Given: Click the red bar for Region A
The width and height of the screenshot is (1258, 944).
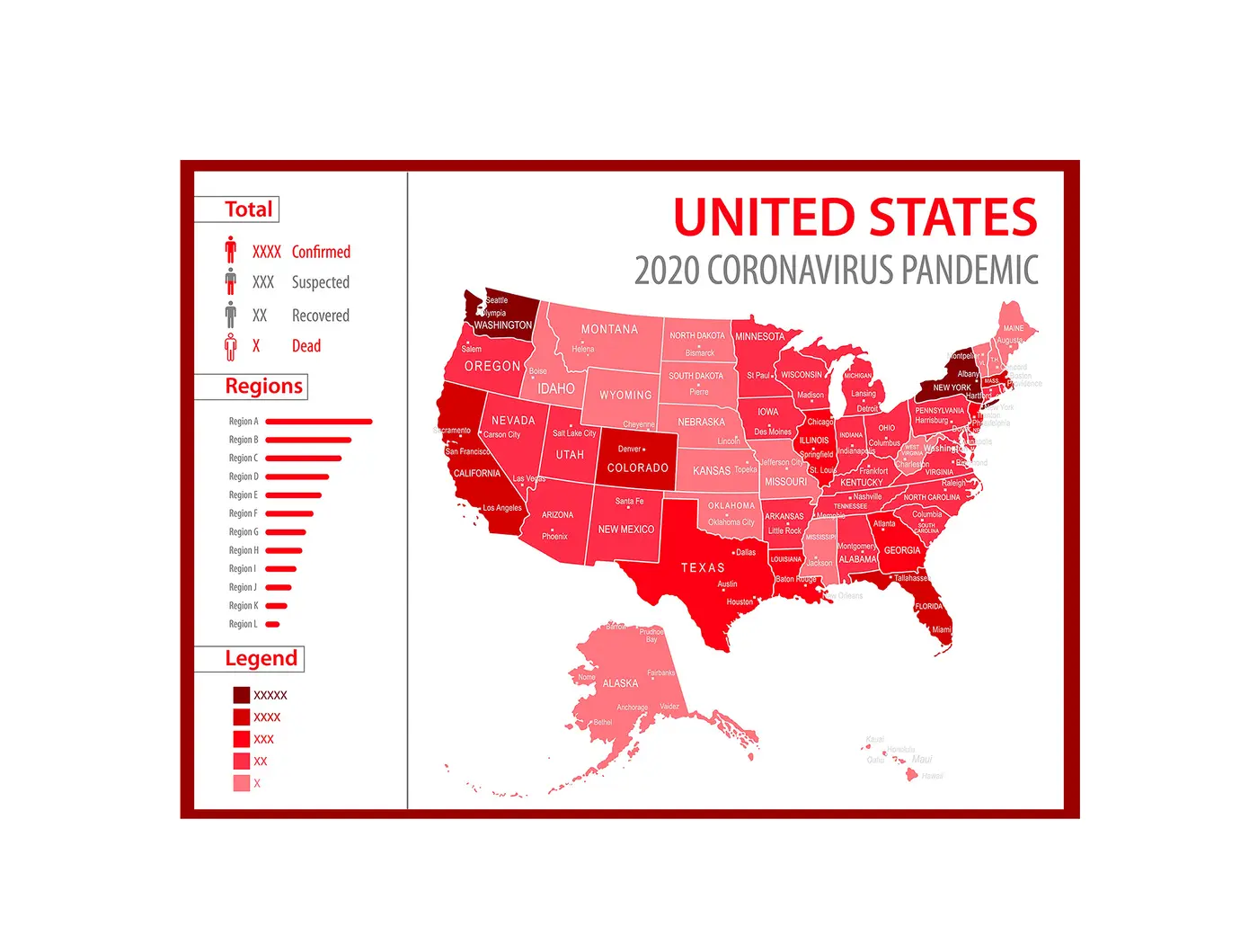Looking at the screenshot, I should click(319, 422).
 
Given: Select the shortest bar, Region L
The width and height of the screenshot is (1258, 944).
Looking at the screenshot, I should click(273, 624).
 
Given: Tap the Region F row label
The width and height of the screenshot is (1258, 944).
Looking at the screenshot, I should click(243, 513).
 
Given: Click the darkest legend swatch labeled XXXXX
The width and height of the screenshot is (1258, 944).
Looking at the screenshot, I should click(242, 695).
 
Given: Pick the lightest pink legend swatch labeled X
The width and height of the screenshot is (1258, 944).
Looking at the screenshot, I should click(242, 783).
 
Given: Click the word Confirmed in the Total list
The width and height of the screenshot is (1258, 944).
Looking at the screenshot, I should click(321, 252).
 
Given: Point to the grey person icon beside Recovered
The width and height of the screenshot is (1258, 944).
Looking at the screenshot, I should click(231, 315).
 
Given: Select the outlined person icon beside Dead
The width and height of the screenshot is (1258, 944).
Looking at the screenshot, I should click(231, 346).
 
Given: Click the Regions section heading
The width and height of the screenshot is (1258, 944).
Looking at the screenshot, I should click(263, 387).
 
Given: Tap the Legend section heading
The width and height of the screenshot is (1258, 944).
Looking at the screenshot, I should click(261, 659).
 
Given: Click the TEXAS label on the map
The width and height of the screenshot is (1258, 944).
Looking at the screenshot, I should click(703, 568).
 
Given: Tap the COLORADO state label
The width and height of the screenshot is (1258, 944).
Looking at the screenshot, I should click(638, 468).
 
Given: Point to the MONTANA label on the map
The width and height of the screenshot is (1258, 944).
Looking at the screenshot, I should click(609, 330).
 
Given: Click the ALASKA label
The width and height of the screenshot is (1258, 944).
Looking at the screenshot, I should click(620, 683).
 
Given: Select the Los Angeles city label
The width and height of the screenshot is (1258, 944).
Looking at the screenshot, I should click(502, 508).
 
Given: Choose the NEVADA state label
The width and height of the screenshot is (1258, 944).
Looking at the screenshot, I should click(513, 421).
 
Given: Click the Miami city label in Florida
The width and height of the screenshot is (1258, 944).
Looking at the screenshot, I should click(941, 629).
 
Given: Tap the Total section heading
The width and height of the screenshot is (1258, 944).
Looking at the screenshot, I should click(248, 209).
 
